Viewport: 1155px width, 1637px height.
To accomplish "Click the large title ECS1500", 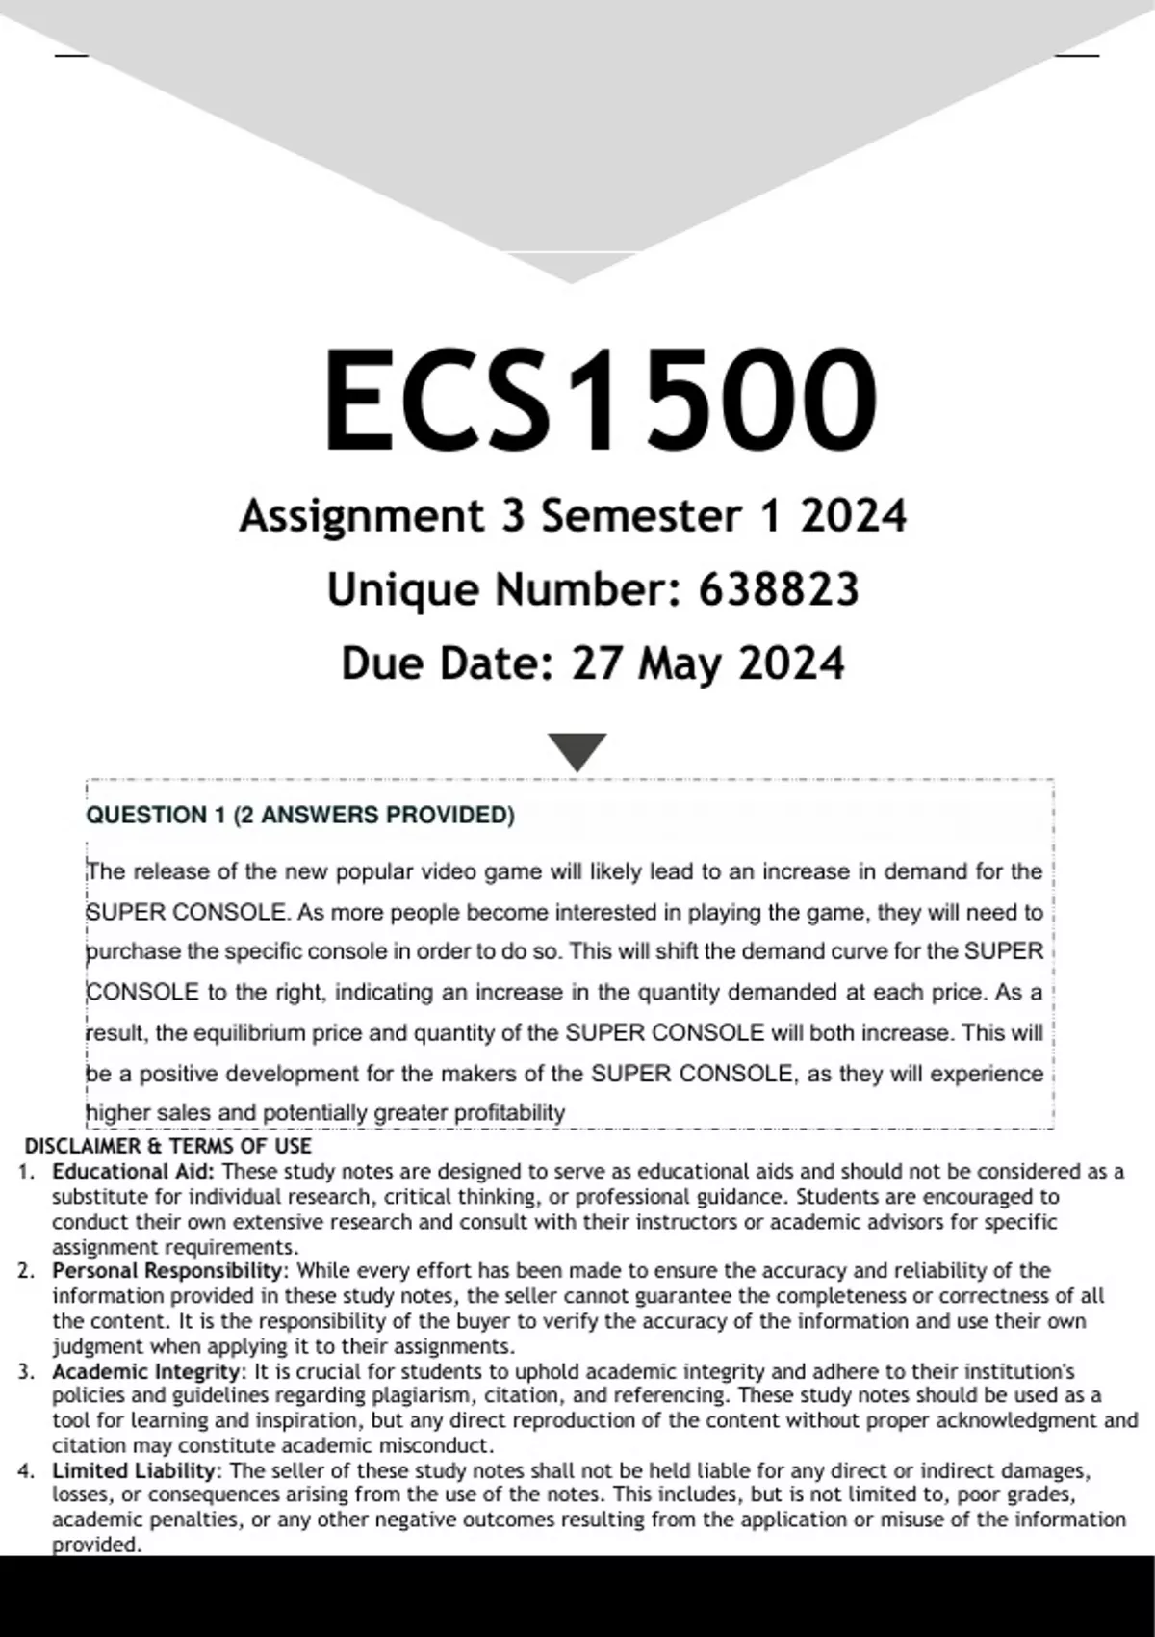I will [599, 400].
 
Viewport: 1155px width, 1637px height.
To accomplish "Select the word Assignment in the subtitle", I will [362, 516].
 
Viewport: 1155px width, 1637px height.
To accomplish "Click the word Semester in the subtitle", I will [640, 516].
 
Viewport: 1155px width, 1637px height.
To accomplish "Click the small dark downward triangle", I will [577, 750].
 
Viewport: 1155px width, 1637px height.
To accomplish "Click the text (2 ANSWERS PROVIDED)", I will [373, 816].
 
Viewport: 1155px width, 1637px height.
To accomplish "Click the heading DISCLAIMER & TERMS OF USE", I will [167, 1146].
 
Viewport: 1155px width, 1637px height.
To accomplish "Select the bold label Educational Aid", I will [134, 1172].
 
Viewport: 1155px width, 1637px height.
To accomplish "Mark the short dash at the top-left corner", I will [71, 56].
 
